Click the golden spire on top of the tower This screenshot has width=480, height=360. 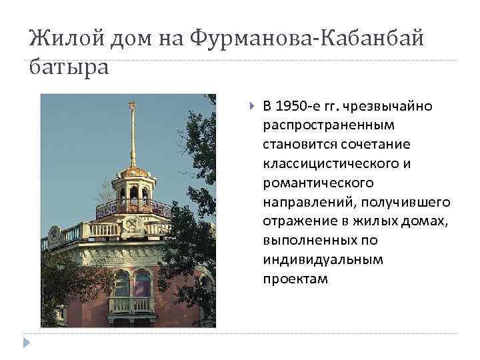pos(133,133)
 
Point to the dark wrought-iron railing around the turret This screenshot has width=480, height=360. pos(133,208)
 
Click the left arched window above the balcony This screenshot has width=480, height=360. pos(122,282)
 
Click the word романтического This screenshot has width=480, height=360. pos(318,182)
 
